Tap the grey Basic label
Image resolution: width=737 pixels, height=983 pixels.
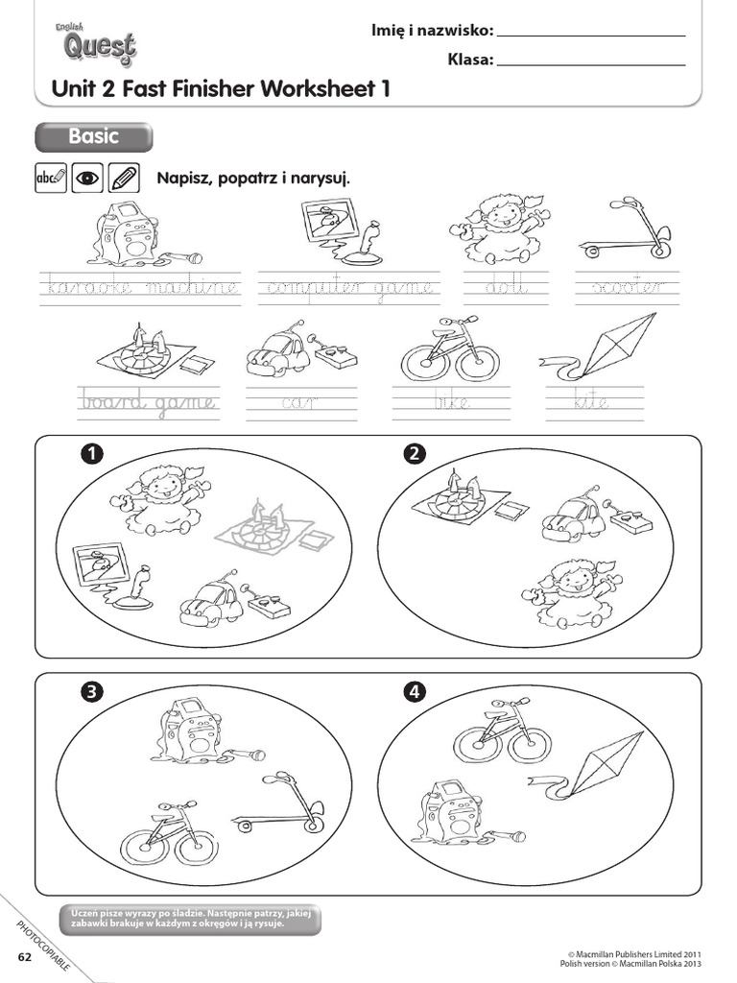pos(93,137)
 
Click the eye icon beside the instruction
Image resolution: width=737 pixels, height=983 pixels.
pos(87,178)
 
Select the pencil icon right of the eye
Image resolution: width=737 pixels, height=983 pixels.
pos(124,178)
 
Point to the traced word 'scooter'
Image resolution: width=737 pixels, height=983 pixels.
pos(627,287)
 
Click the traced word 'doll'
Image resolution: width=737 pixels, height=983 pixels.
pos(506,287)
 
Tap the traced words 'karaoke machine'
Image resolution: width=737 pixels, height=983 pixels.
pos(139,287)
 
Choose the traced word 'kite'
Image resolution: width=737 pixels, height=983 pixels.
pos(592,402)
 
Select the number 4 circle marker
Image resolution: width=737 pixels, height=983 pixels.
pos(415,692)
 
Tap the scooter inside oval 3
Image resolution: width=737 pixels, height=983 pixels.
pos(278,804)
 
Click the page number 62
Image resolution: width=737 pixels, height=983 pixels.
pos(24,958)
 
